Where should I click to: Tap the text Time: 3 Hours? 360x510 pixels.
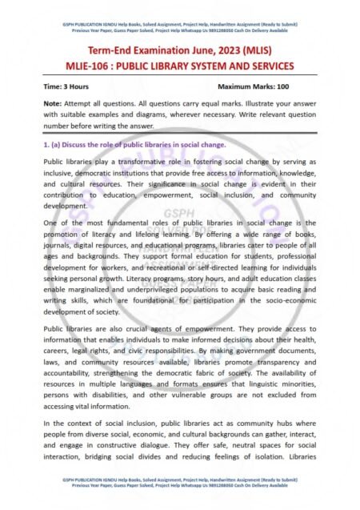[66, 84]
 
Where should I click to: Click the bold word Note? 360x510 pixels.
[54, 104]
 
